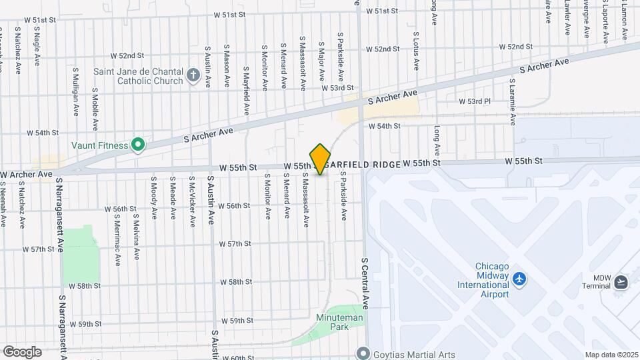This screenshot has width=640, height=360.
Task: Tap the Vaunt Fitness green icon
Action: point(138,144)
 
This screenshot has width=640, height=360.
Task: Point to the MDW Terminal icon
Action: point(621,281)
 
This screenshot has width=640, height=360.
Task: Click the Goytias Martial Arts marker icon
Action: point(363,352)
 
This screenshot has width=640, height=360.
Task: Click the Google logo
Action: point(22,351)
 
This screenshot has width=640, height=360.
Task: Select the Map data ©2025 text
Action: point(611,355)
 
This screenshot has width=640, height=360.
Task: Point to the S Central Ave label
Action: point(365,284)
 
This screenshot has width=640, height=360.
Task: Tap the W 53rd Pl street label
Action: point(475,101)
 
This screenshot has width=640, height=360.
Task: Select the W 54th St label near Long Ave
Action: point(384,126)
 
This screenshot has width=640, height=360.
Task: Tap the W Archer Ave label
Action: point(27,175)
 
